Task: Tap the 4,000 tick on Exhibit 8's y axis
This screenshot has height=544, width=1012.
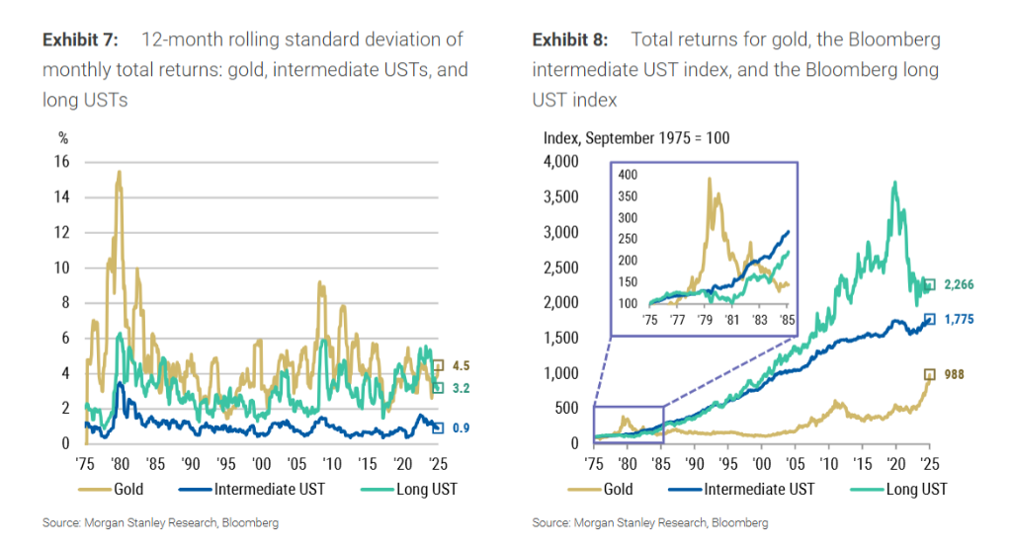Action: pos(563,162)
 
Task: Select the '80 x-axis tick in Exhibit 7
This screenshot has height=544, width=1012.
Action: pos(119,462)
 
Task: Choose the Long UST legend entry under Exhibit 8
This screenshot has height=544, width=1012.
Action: pos(915,489)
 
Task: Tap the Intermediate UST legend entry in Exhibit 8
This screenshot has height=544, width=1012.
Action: pos(761,489)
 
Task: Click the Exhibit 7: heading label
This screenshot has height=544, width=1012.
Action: pos(80,40)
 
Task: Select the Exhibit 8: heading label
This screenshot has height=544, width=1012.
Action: pos(570,40)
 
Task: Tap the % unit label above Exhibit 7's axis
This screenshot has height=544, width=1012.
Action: pos(63,137)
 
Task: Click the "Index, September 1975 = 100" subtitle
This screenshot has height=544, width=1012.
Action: pos(637,137)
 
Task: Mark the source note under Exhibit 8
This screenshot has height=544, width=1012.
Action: pos(649,522)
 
